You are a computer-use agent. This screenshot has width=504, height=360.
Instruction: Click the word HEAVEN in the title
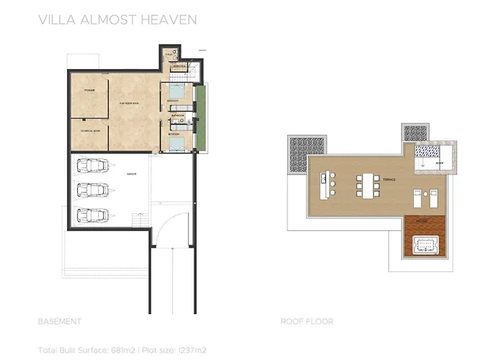170,19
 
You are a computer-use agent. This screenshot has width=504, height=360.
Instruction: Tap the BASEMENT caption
59,321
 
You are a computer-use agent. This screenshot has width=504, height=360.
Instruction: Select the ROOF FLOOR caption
307,321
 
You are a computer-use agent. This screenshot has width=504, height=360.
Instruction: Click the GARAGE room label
132,175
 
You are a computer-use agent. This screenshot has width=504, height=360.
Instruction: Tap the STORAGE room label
89,90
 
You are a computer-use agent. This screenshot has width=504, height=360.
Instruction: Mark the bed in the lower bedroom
178,142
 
